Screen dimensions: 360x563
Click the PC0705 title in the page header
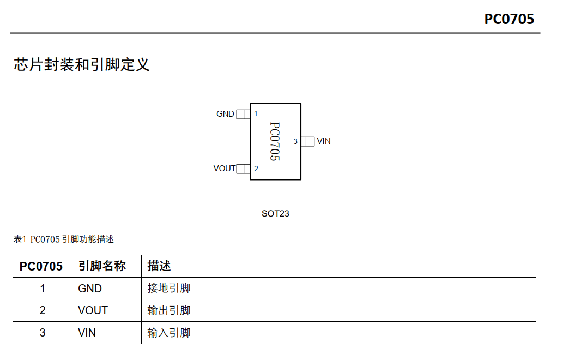[509, 19]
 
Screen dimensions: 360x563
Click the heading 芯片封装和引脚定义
[82, 65]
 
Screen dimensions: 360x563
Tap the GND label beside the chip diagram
[225, 114]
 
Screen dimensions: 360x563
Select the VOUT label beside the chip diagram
[224, 169]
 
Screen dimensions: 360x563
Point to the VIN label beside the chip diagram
[324, 141]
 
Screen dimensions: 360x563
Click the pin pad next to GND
[243, 114]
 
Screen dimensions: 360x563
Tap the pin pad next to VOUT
[243, 169]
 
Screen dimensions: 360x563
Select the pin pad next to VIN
[308, 141]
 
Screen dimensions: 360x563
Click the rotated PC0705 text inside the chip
[275, 141]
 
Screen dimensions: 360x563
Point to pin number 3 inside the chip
[295, 142]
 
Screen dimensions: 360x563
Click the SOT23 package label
[275, 214]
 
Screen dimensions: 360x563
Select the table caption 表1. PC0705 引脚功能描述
[64, 239]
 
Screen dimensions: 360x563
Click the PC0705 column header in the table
[41, 266]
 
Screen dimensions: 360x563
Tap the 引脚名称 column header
[102, 266]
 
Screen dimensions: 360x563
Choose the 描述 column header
[159, 266]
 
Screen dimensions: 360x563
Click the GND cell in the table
[90, 289]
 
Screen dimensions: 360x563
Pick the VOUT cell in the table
[93, 310]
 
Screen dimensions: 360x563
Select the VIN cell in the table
[87, 332]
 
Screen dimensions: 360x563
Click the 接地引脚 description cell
[169, 289]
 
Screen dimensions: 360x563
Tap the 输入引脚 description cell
[169, 332]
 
